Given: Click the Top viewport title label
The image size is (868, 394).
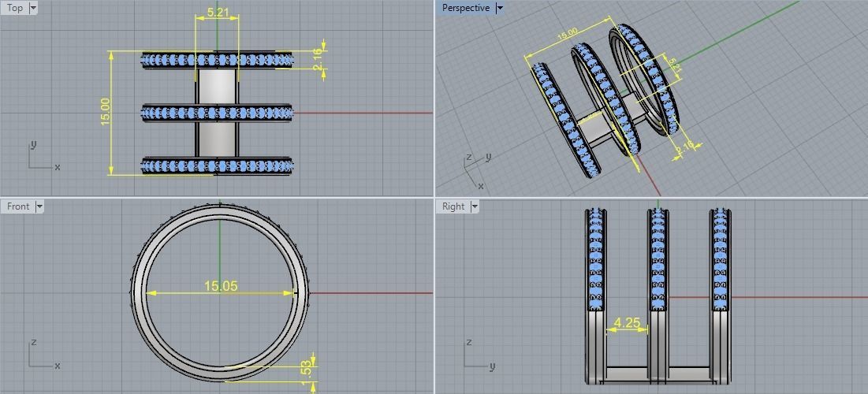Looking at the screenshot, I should [15, 8].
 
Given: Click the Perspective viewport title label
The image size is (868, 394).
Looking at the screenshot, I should [465, 8].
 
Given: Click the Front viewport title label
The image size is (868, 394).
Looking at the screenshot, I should [18, 206].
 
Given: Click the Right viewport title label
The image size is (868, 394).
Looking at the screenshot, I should [453, 206].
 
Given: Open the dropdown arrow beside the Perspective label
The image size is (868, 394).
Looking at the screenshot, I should [500, 8].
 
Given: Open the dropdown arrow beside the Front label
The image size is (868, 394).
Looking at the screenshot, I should [39, 206].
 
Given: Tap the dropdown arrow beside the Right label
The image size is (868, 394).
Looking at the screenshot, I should [475, 206].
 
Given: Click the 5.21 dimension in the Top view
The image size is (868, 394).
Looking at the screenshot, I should [218, 13].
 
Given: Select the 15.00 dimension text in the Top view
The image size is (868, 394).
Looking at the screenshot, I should [106, 112].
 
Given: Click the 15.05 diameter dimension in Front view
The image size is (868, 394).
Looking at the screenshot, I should [221, 286].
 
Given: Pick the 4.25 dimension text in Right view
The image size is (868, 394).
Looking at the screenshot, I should [627, 322].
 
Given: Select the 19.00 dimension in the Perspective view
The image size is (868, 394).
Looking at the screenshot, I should [567, 35].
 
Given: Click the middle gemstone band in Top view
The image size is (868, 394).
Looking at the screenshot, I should [217, 113].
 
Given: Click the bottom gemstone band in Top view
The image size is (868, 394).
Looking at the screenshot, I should [217, 165].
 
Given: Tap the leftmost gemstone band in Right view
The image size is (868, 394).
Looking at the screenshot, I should [596, 260].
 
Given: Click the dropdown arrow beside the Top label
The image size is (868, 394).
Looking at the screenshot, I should [33, 8].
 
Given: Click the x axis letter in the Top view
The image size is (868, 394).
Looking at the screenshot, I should [58, 167].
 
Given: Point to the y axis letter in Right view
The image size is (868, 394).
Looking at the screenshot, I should [492, 366].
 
